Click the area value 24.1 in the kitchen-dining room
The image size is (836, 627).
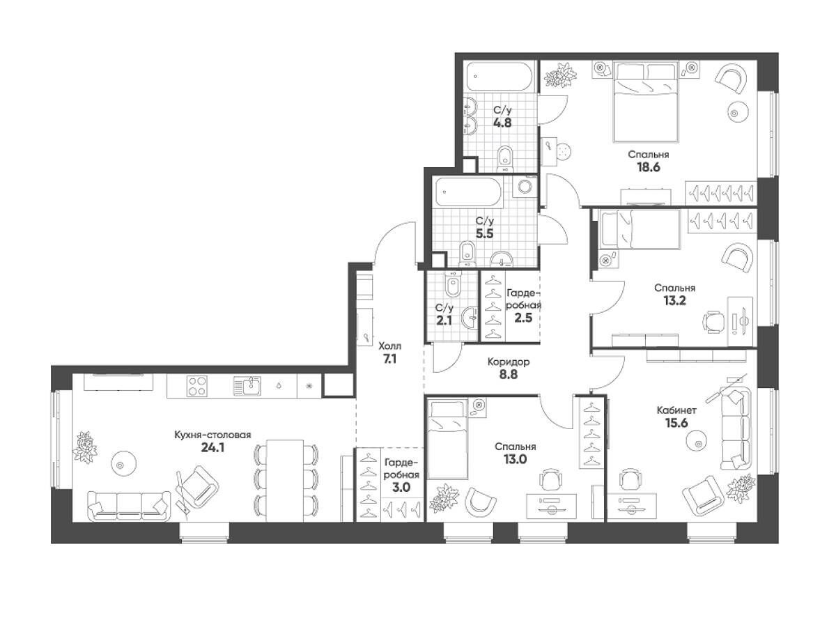(x=212, y=448)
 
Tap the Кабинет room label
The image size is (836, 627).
(x=676, y=410)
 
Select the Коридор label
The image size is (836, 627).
(x=509, y=362)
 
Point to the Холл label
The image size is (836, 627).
(x=389, y=346)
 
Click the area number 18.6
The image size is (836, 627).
(x=648, y=167)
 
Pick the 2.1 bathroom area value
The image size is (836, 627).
(x=444, y=320)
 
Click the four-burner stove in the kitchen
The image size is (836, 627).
(x=196, y=386)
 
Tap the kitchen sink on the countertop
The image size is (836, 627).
(x=247, y=386)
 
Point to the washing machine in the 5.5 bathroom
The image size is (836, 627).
(x=525, y=187)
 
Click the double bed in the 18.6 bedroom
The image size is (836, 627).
(x=646, y=102)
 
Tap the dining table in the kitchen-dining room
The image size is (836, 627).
(x=285, y=481)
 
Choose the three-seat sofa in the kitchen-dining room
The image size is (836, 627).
(x=129, y=506)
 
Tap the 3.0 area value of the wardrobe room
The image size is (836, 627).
(x=401, y=487)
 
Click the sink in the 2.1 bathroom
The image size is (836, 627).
(x=470, y=318)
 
